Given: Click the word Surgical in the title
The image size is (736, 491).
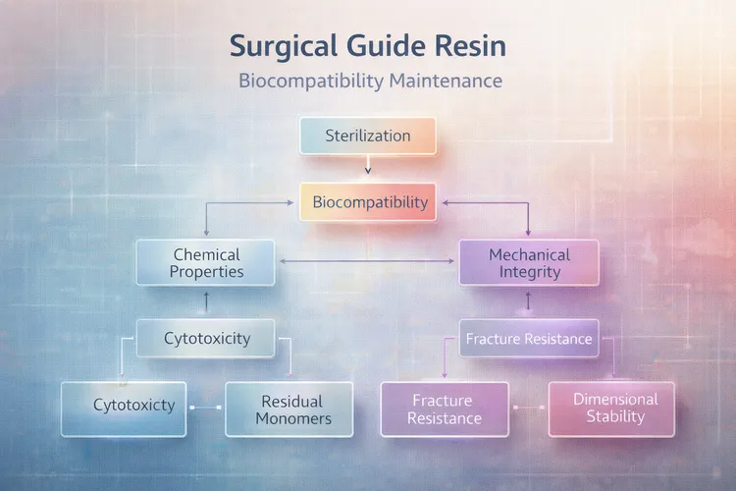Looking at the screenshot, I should (x=278, y=46).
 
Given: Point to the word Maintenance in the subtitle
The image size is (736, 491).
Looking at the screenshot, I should (x=439, y=81).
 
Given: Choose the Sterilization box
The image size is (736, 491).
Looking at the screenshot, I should (x=367, y=135).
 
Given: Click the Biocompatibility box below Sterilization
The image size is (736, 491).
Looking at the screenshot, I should (x=369, y=203).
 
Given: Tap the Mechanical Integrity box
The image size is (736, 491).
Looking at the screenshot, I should (x=529, y=263).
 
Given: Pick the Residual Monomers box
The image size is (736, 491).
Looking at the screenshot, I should (x=292, y=409).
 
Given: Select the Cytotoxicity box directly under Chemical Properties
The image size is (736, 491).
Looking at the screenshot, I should (x=206, y=339).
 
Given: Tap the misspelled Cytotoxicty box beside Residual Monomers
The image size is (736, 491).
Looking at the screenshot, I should (x=133, y=405).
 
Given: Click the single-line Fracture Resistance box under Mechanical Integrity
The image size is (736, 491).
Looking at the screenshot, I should (x=529, y=340).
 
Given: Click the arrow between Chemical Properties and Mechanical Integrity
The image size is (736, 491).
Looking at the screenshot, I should (x=369, y=262).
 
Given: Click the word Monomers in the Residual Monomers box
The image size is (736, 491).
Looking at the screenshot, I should (x=292, y=419).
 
